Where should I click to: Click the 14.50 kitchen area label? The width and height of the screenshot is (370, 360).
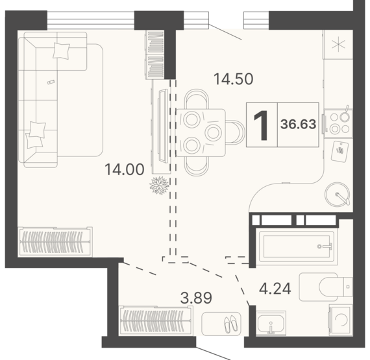(234, 79)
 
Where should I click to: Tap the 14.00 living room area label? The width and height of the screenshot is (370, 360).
(125, 169)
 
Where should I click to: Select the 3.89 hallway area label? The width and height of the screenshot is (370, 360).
(196, 298)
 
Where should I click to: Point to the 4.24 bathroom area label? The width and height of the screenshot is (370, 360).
(275, 289)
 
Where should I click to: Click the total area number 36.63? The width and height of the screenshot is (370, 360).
(298, 124)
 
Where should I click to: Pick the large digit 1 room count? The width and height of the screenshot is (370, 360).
(262, 125)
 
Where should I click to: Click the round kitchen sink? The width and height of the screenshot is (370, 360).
(337, 195)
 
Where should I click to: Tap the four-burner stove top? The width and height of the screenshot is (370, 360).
(339, 123)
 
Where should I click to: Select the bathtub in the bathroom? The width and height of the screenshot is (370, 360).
(297, 246)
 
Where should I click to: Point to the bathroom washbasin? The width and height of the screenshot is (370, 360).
(271, 322)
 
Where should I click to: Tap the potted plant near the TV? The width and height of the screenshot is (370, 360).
(160, 186)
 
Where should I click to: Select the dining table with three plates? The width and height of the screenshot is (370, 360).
(201, 133)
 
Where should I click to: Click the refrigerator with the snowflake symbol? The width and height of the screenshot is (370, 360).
(338, 45)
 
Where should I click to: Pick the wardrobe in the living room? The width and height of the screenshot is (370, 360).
(55, 242)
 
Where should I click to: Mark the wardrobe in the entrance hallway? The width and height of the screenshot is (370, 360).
(156, 320)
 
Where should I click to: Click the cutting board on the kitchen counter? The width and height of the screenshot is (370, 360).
(339, 152)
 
